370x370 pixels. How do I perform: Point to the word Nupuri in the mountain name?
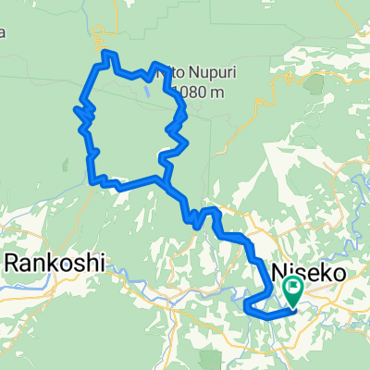(197, 69)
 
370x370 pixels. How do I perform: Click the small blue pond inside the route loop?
(146, 92)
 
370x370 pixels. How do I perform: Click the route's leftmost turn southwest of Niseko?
(244, 305)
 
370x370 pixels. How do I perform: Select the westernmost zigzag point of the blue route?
(75, 110)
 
